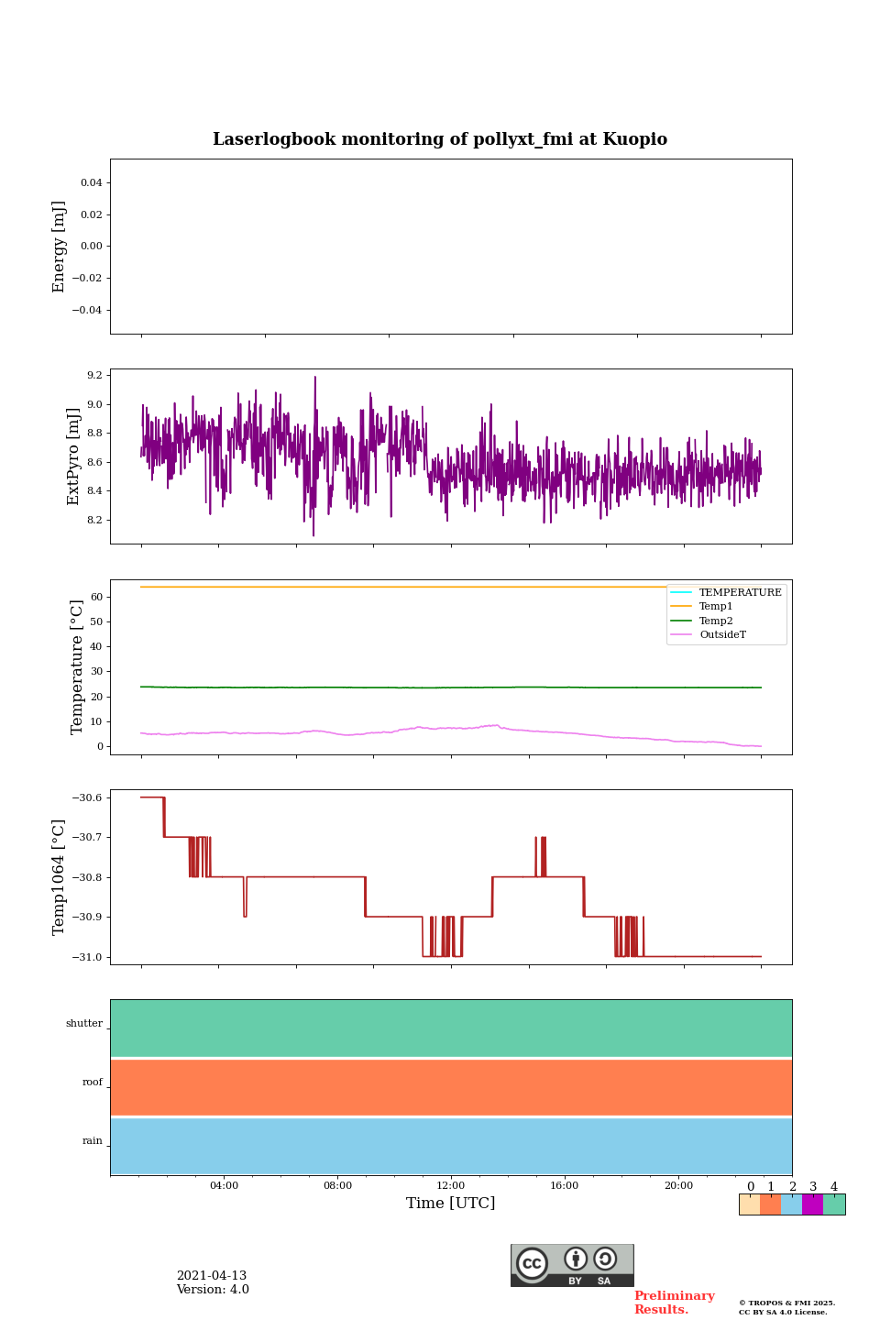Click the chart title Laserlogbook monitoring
pyautogui.click(x=440, y=139)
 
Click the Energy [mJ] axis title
pyautogui.click(x=60, y=247)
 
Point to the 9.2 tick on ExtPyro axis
pyautogui.click(x=94, y=376)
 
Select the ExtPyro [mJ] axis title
pyautogui.click(x=74, y=456)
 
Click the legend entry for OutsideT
pyautogui.click(x=722, y=635)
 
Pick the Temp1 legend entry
pyautogui.click(x=716, y=607)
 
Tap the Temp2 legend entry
pyautogui.click(x=716, y=621)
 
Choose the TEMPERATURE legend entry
pyautogui.click(x=740, y=593)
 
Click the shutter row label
pyautogui.click(x=84, y=1024)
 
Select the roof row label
pyautogui.click(x=93, y=1083)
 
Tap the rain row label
pyautogui.click(x=93, y=1141)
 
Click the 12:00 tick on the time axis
pyautogui.click(x=451, y=1185)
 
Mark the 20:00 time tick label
pyautogui.click(x=678, y=1185)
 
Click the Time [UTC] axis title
pyautogui.click(x=451, y=1204)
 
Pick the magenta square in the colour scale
pyautogui.click(x=812, y=1204)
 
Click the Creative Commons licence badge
pyautogui.click(x=572, y=1265)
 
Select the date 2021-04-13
pyautogui.click(x=212, y=1276)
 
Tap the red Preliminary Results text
pyautogui.click(x=674, y=1303)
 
